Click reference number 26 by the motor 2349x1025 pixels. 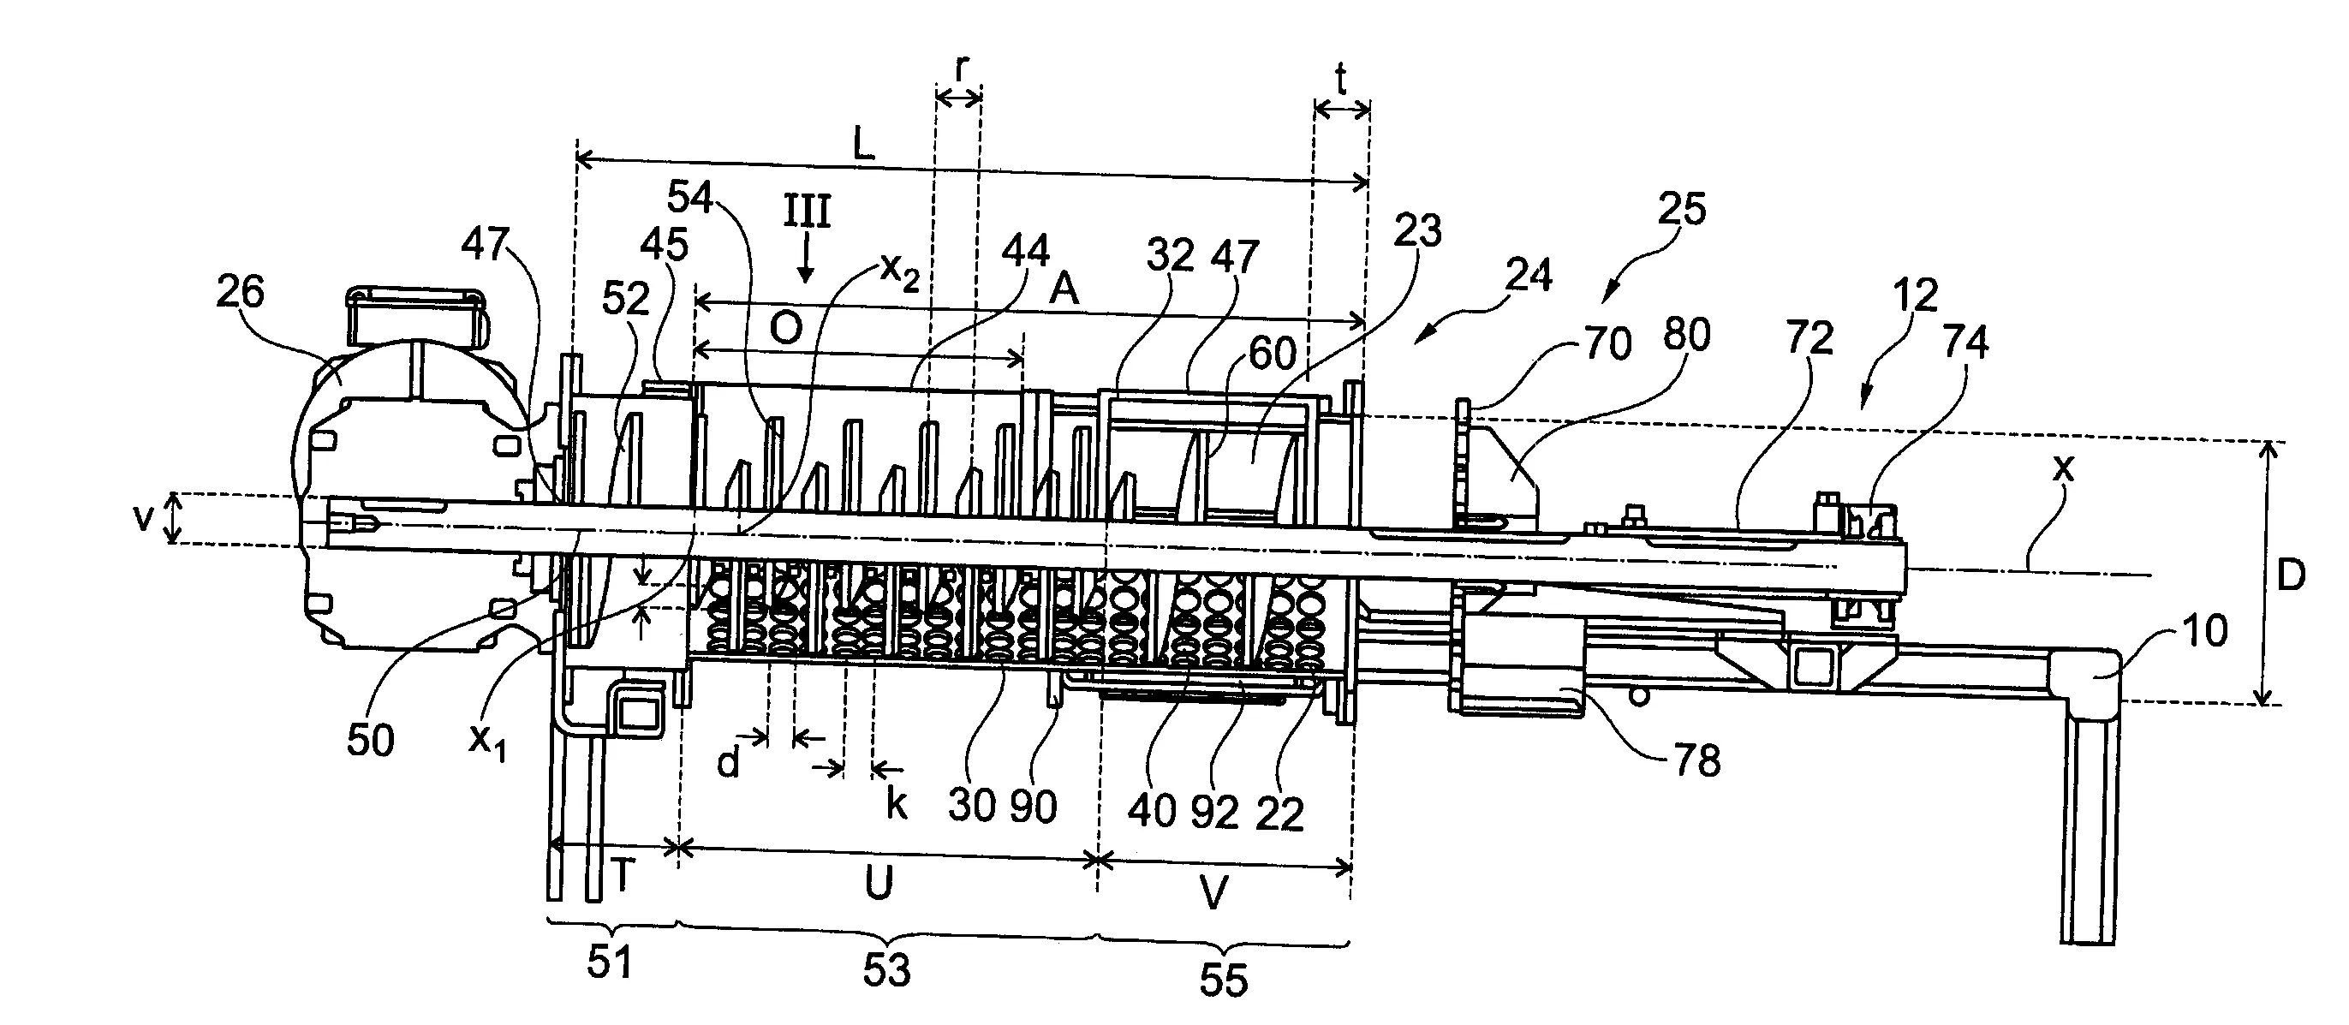[x=240, y=293]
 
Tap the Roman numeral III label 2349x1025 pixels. [x=807, y=212]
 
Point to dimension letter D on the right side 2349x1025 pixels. [x=2291, y=575]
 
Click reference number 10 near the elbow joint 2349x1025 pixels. [x=2206, y=630]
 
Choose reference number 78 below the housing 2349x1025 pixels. [x=1697, y=760]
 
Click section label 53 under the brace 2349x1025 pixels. [x=886, y=970]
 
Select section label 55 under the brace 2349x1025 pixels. [x=1223, y=980]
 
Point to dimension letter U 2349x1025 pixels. [x=878, y=884]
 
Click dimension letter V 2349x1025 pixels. [x=1213, y=893]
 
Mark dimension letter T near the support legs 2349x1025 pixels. [x=623, y=876]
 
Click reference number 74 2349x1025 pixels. [x=1965, y=343]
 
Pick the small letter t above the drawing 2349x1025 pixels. [x=1341, y=82]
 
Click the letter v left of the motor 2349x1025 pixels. [x=143, y=517]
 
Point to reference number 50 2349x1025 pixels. [x=370, y=740]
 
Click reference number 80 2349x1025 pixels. [x=1686, y=336]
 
